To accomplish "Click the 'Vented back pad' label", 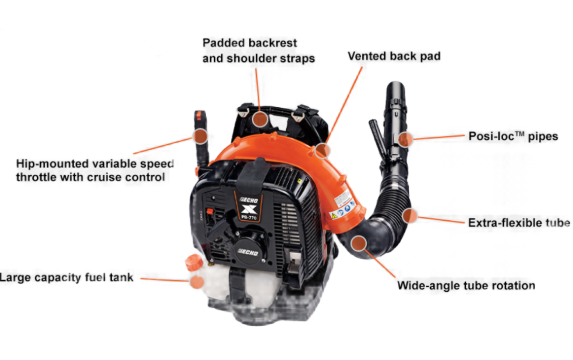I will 394,56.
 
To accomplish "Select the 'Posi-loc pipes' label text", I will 513,136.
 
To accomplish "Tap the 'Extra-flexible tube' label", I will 519,222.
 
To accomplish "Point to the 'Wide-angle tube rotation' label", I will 466,286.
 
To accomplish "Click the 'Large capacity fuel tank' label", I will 67,277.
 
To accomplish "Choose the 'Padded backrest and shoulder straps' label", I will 258,50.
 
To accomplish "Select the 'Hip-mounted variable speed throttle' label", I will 95,170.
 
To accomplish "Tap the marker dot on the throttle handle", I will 201,136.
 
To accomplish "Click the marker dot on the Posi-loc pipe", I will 406,139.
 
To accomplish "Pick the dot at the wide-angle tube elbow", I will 359,243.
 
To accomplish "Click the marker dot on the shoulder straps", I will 260,119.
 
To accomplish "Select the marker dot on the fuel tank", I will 197,282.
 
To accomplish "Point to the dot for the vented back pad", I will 322,150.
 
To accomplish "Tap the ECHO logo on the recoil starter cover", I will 248,253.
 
